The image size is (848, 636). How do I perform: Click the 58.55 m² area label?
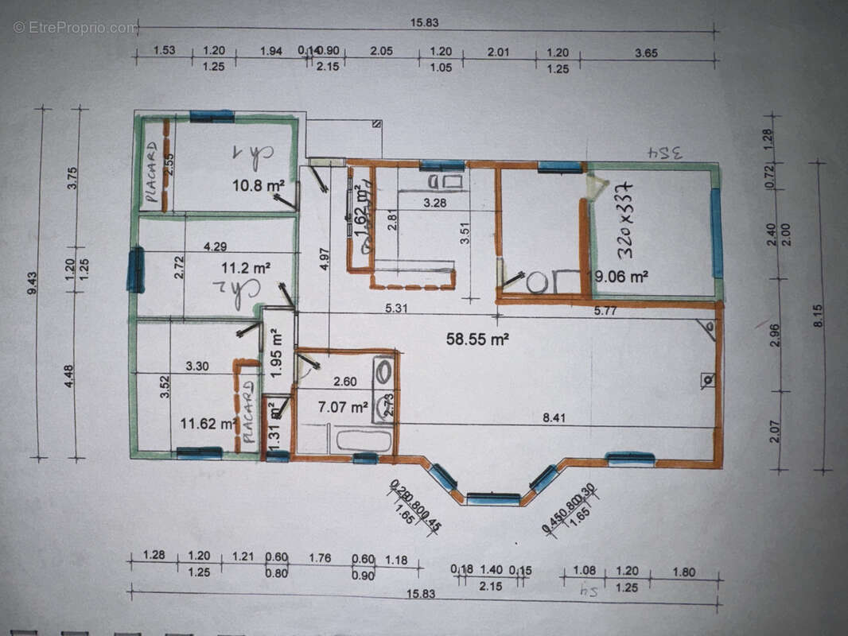[477, 339]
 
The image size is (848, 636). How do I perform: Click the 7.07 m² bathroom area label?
[343, 408]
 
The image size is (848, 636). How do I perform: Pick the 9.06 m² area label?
[623, 277]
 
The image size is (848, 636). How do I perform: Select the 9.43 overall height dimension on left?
[31, 283]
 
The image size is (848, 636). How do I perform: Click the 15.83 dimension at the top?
[424, 23]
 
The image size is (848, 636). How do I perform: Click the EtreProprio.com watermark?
[76, 28]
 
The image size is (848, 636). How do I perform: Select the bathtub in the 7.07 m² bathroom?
[364, 440]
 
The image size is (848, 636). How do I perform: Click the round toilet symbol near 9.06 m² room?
[537, 281]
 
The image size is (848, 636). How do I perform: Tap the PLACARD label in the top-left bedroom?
[152, 172]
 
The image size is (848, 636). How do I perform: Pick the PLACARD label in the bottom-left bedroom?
[248, 411]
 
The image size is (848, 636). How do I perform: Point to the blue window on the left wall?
[135, 270]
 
